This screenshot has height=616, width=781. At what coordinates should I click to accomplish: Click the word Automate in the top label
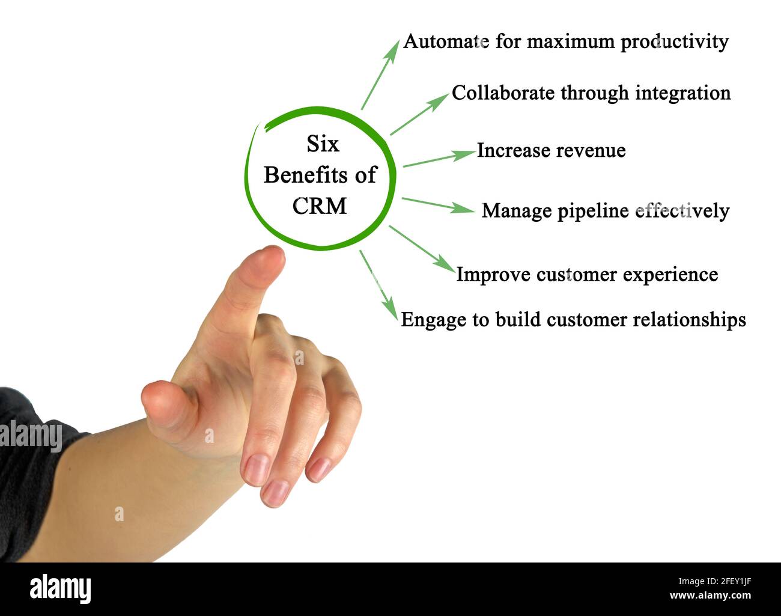point(445,41)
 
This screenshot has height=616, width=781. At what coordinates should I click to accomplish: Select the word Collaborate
point(503,93)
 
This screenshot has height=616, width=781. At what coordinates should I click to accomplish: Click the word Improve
point(493,275)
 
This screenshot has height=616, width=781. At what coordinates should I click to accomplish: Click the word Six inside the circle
point(323,144)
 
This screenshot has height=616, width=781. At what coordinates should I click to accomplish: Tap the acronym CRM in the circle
point(320,206)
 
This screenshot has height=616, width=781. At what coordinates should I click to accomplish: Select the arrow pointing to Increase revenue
point(439,158)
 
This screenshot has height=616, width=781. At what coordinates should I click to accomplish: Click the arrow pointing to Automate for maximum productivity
point(380,76)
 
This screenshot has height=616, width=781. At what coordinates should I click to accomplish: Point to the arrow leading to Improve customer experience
point(422,248)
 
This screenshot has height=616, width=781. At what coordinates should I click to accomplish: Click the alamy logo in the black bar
point(60,588)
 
